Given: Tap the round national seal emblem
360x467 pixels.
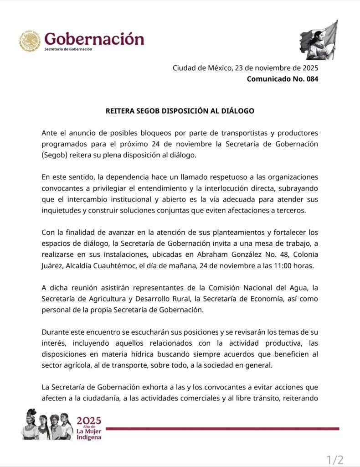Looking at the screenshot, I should [x=30, y=41].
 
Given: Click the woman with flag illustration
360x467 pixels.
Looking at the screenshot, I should [x=319, y=41].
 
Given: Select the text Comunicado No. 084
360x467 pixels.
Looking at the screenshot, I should [x=282, y=78].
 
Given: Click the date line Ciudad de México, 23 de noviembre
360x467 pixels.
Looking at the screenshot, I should [x=245, y=68].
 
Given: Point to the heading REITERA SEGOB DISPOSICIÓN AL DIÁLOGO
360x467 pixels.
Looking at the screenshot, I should [x=180, y=111].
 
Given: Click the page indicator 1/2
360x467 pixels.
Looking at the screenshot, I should [x=335, y=459].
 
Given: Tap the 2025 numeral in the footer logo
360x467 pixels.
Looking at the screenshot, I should [x=89, y=420].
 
